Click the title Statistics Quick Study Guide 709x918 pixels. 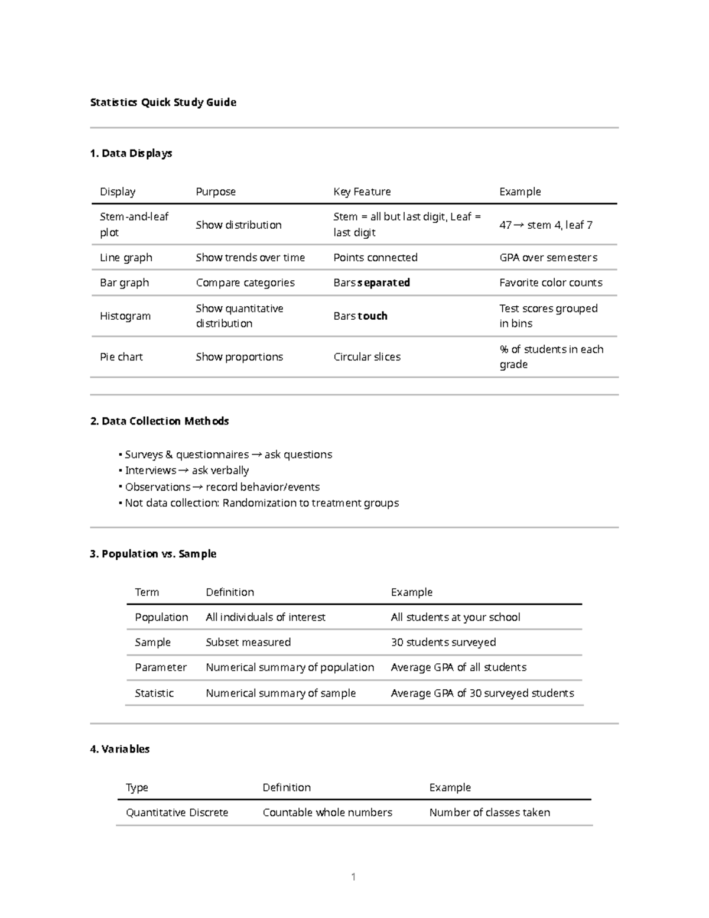point(163,102)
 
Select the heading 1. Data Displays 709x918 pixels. point(131,153)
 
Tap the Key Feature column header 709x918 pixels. point(362,192)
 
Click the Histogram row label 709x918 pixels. point(125,316)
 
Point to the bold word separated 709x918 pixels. point(383,283)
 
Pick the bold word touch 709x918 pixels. point(373,316)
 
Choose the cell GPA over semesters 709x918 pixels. point(548,257)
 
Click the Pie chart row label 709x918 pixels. point(121,356)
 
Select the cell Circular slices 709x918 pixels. point(367,356)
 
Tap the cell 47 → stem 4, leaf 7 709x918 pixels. point(545,225)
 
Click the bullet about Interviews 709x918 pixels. point(187,471)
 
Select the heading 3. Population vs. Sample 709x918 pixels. point(153,554)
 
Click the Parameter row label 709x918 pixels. point(161,667)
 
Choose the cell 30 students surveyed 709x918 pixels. point(443,642)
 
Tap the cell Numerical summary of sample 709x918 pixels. point(281,693)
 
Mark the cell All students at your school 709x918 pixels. point(455,617)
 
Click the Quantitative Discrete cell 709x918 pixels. point(177,812)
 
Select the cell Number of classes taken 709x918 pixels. point(489,812)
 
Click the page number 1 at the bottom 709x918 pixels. point(353,877)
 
